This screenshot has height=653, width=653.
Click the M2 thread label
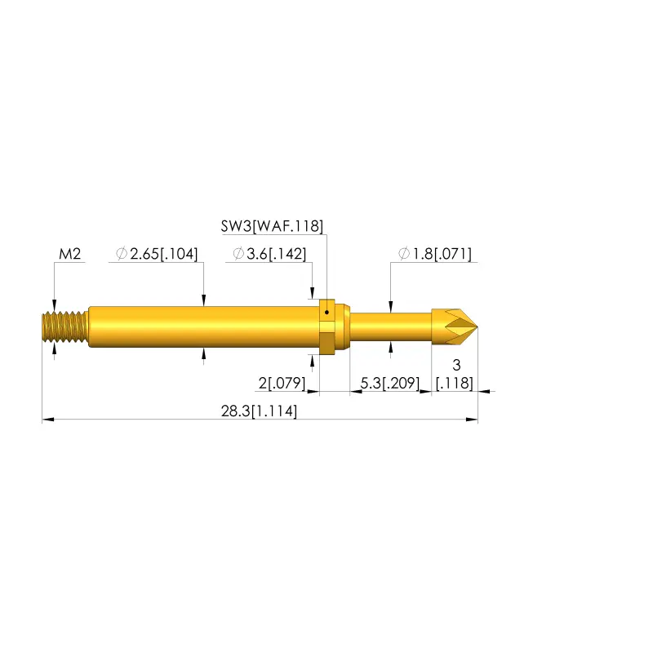coord(70,254)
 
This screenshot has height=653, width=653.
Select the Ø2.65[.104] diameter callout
coord(157,254)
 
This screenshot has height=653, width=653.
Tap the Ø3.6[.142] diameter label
coord(269,254)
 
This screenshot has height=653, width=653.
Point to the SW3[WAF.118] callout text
coord(272,226)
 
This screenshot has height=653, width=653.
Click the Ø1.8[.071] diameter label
coord(435,254)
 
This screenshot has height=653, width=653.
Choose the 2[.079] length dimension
coord(282,383)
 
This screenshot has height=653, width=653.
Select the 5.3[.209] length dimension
coord(390,383)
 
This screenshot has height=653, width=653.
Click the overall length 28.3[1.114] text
coord(259,411)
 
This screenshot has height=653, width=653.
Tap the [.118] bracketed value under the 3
coord(455,383)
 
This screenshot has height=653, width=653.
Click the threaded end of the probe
coord(65,327)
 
